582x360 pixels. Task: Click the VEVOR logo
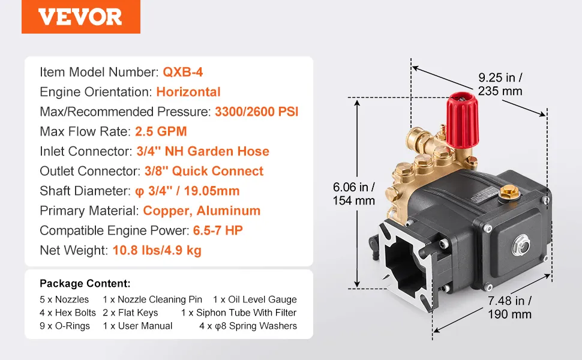(80, 17)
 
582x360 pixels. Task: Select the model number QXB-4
(182, 72)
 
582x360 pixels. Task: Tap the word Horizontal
(188, 92)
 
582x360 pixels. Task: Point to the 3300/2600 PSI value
(256, 112)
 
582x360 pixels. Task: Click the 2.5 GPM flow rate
(161, 131)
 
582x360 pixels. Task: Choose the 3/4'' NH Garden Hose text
(203, 151)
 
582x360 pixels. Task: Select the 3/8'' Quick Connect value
(204, 171)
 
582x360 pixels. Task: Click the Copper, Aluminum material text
(202, 211)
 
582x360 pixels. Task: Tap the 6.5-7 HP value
(218, 230)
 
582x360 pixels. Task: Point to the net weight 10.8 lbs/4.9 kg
(157, 251)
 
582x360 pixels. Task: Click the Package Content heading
(85, 284)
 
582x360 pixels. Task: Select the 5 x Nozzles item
(64, 299)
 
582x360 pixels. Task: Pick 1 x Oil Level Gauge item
(254, 299)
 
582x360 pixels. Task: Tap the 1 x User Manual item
(137, 326)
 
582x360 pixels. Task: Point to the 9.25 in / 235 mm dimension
(500, 84)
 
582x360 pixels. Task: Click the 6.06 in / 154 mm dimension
(354, 194)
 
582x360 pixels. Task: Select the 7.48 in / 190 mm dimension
(509, 307)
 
